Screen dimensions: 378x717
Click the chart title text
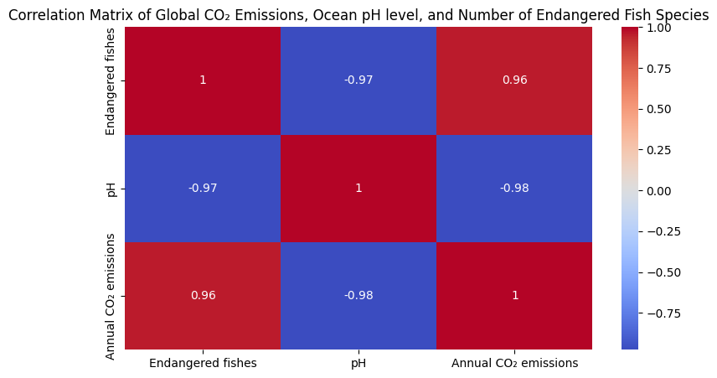click(358, 14)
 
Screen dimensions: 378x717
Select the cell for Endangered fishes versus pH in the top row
click(358, 80)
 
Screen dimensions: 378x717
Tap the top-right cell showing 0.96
click(514, 80)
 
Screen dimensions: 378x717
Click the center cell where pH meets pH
click(358, 188)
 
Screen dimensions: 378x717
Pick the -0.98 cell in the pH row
click(514, 188)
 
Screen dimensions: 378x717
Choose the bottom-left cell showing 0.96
click(203, 295)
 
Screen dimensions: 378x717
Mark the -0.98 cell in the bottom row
click(358, 295)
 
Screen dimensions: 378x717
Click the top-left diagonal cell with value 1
click(203, 80)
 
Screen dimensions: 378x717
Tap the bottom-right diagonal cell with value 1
click(514, 295)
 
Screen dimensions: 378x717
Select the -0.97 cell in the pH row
click(203, 188)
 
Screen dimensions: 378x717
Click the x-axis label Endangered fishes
click(203, 363)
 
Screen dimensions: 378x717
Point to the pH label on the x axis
click(358, 363)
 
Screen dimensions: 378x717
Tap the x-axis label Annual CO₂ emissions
click(514, 363)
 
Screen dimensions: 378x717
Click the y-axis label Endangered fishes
click(111, 80)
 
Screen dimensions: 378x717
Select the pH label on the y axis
click(111, 188)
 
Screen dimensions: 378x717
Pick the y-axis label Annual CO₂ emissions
click(111, 295)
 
